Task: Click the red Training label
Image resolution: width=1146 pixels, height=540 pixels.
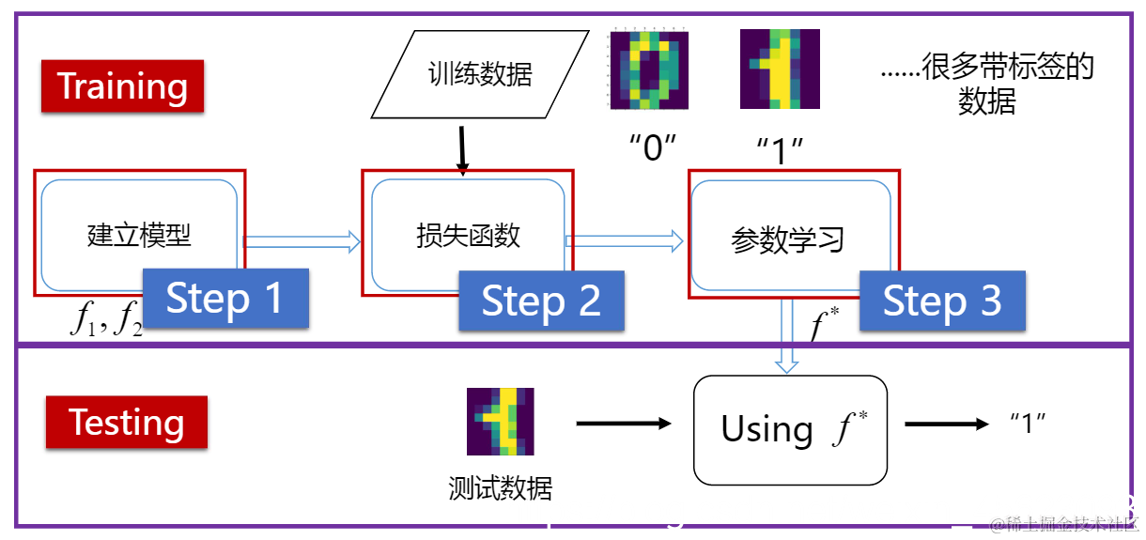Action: coord(122,86)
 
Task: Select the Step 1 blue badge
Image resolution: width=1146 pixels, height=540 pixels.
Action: coord(225,299)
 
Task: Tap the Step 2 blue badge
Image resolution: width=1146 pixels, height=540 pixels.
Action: coord(541,301)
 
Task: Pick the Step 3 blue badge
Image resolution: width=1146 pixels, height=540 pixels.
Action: coord(941,301)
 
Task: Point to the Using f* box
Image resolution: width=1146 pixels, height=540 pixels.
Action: coord(790,429)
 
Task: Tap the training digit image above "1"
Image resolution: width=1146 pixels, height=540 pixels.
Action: coord(779,69)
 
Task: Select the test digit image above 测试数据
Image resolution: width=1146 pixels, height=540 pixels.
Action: coord(500,422)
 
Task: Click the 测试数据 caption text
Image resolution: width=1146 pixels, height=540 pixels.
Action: coord(500,488)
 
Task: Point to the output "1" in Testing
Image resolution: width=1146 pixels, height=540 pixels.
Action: coord(1027,424)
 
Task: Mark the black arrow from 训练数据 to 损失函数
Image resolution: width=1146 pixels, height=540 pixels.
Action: coord(462,149)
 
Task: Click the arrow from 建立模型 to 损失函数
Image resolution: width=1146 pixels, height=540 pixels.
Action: coord(302,241)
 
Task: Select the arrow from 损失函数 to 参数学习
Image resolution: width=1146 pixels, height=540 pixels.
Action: coord(625,241)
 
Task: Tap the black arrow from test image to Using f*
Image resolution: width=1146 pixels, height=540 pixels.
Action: coord(624,424)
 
